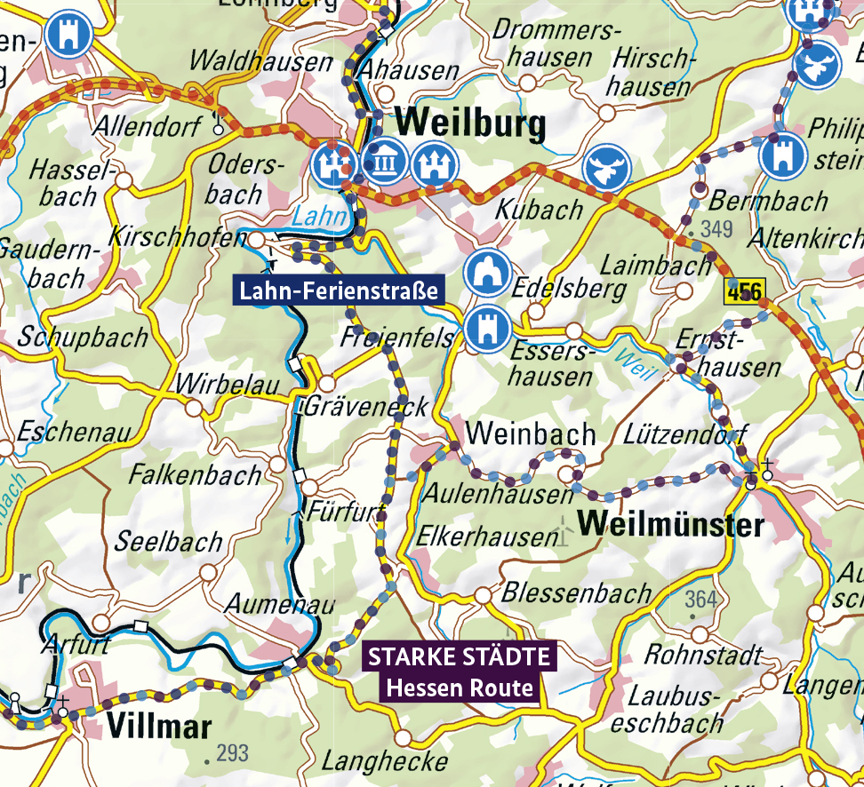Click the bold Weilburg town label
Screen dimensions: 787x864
[471, 125]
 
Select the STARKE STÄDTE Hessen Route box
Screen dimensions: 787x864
[460, 672]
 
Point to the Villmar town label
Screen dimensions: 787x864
[159, 727]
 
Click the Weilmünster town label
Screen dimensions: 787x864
[670, 524]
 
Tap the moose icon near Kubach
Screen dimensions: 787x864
[607, 166]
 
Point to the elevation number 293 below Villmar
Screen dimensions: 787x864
[232, 754]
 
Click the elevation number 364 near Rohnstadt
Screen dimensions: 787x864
[700, 600]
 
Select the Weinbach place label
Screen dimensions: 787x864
[530, 433]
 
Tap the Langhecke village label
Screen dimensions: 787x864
[384, 761]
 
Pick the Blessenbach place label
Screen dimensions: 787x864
[577, 592]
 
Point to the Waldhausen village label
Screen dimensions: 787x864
[261, 62]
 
